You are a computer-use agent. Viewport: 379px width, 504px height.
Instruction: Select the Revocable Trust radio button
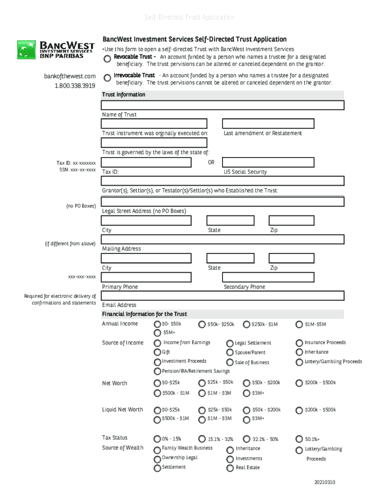(x=107, y=59)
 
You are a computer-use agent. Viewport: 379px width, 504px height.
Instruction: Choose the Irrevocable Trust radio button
(x=107, y=78)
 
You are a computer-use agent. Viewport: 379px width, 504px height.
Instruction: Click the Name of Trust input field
(x=222, y=105)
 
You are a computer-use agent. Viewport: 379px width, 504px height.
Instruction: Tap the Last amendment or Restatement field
(x=268, y=124)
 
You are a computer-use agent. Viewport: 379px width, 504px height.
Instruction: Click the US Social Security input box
(x=268, y=162)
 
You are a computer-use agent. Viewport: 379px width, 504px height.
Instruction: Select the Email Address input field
(x=222, y=296)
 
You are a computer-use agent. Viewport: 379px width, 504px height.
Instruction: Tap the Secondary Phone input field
(x=268, y=277)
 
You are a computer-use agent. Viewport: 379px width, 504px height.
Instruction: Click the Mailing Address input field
(x=222, y=239)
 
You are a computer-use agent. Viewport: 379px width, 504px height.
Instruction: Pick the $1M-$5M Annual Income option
(x=299, y=324)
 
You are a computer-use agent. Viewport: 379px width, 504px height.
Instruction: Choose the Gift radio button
(x=158, y=352)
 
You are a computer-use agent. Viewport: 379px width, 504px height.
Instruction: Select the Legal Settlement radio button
(x=230, y=343)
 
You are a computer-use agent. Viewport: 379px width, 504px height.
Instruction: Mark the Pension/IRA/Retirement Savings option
(x=158, y=371)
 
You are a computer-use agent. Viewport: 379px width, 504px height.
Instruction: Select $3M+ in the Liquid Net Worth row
(x=246, y=419)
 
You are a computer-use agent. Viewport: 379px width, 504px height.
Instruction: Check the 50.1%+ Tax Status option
(x=299, y=439)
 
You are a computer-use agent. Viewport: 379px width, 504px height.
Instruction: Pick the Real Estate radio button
(x=230, y=468)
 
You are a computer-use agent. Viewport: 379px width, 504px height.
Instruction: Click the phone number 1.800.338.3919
(x=75, y=86)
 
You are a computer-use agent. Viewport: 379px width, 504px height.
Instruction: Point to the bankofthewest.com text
(x=70, y=76)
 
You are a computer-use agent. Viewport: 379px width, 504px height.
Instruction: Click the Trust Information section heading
(x=124, y=94)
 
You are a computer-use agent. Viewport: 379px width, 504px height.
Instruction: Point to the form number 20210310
(x=324, y=482)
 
